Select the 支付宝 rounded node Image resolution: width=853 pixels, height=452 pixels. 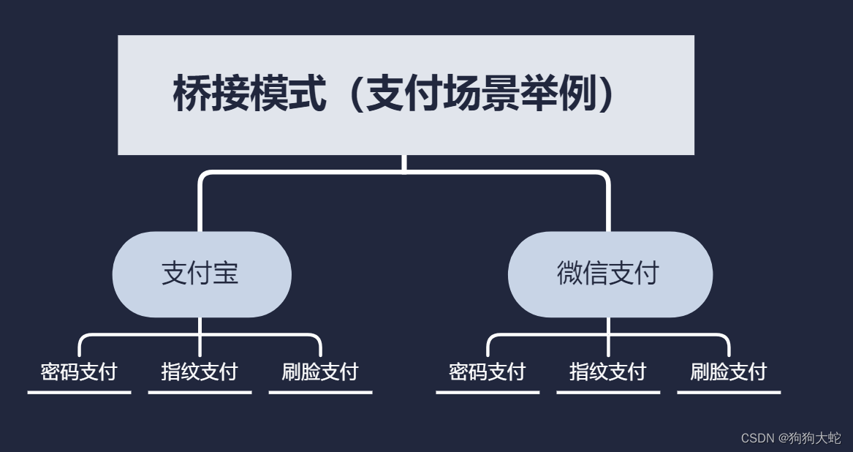click(202, 274)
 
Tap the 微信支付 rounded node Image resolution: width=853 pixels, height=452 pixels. click(610, 274)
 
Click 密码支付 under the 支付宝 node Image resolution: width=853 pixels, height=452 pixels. click(79, 372)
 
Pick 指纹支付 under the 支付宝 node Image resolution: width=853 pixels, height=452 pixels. click(200, 372)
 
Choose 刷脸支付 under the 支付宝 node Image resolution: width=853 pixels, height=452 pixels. click(320, 372)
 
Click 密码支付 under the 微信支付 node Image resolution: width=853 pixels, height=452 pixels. click(488, 372)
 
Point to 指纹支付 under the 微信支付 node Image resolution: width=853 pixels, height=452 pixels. click(608, 372)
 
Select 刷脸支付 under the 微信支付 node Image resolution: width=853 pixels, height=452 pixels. click(729, 372)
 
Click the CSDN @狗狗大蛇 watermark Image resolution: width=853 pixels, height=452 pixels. click(791, 438)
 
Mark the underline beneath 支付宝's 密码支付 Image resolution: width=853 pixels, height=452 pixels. click(79, 392)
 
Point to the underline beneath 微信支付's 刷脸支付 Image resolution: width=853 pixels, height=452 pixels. click(729, 392)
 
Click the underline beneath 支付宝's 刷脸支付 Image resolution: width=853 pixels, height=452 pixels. click(320, 392)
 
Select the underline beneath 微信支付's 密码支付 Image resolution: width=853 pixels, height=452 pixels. click(488, 392)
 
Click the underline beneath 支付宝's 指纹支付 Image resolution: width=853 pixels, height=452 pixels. click(200, 392)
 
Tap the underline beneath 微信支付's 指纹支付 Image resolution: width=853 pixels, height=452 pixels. click(608, 392)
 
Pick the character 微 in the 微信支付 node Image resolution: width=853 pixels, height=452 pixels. click(570, 274)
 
